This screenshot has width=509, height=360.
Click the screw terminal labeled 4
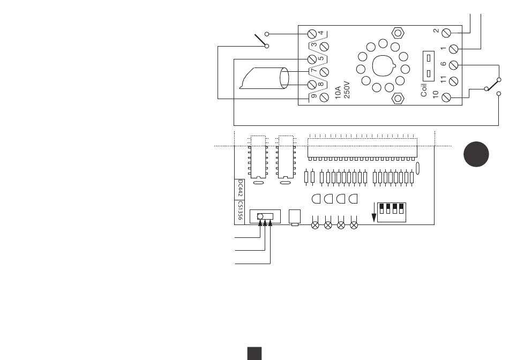click(312, 34)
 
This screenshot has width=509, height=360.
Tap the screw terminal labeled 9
click(324, 97)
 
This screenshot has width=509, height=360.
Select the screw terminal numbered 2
click(446, 33)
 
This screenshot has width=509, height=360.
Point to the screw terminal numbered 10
click(446, 97)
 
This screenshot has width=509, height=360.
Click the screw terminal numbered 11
click(453, 81)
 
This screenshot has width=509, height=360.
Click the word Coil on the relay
click(424, 90)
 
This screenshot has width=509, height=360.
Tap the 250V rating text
click(347, 90)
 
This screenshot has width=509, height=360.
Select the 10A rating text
click(338, 93)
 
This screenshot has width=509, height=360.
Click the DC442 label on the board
click(240, 188)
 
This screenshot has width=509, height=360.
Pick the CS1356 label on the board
click(240, 211)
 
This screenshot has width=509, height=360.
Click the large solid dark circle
click(476, 154)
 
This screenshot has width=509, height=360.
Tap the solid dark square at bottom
click(254, 353)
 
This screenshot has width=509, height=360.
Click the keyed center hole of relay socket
click(383, 66)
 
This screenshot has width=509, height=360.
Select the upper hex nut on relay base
click(398, 33)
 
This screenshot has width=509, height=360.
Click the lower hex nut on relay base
click(398, 98)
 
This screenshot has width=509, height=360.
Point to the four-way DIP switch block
click(392, 212)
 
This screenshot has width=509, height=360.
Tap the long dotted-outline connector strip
click(362, 148)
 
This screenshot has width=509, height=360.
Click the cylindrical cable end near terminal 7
click(284, 78)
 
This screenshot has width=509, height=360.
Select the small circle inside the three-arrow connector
click(260, 216)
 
